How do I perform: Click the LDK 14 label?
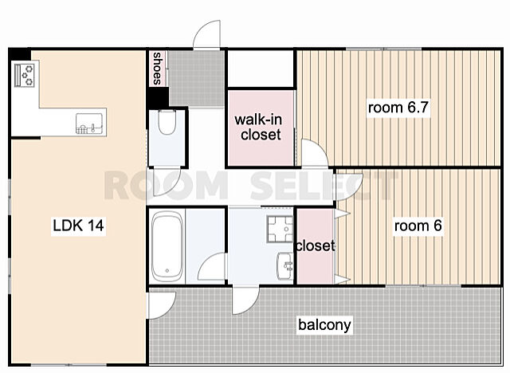pyautogui.click(x=78, y=226)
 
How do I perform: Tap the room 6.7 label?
pyautogui.click(x=398, y=108)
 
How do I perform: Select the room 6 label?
pyautogui.click(x=418, y=226)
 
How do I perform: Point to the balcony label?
pyautogui.click(x=324, y=325)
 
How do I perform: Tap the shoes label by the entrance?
pyautogui.click(x=158, y=69)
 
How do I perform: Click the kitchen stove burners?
pyautogui.click(x=25, y=75)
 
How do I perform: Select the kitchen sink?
pyautogui.click(x=88, y=124)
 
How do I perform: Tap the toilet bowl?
pyautogui.click(x=167, y=122)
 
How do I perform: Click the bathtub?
pyautogui.click(x=167, y=247)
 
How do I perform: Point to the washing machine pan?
pyautogui.click(x=280, y=229)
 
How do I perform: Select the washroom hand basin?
pyautogui.click(x=285, y=265)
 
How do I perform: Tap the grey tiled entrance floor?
pyautogui.click(x=196, y=78)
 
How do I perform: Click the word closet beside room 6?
pyautogui.click(x=316, y=245)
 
